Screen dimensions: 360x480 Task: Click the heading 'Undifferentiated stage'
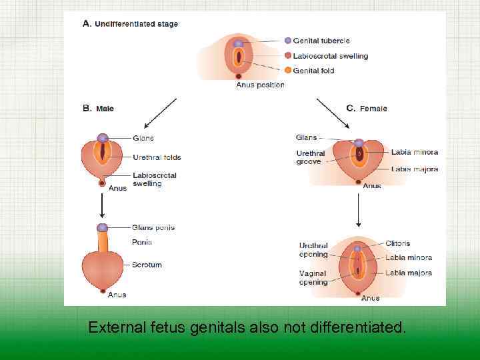click(136, 24)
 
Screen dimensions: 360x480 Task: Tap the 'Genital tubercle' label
click(321, 41)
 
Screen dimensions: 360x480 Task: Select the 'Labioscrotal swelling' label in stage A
click(330, 56)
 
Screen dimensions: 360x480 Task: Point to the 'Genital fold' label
click(313, 71)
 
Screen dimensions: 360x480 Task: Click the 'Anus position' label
click(260, 85)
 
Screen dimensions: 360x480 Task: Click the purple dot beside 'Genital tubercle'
click(288, 41)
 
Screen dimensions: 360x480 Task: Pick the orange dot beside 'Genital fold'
click(288, 71)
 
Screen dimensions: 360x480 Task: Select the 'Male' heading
click(105, 108)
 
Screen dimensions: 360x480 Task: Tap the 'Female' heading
click(373, 108)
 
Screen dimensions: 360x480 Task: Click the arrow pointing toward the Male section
click(159, 113)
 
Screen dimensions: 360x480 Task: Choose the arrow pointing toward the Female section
click(333, 113)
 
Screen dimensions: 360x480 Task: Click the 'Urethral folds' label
click(157, 157)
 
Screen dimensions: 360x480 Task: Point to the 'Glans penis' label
click(153, 227)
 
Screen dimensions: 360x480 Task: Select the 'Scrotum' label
click(147, 265)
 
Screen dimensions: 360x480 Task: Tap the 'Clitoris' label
click(398, 243)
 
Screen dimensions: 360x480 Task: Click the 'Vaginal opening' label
click(313, 277)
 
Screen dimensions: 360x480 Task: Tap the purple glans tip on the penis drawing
click(102, 228)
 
